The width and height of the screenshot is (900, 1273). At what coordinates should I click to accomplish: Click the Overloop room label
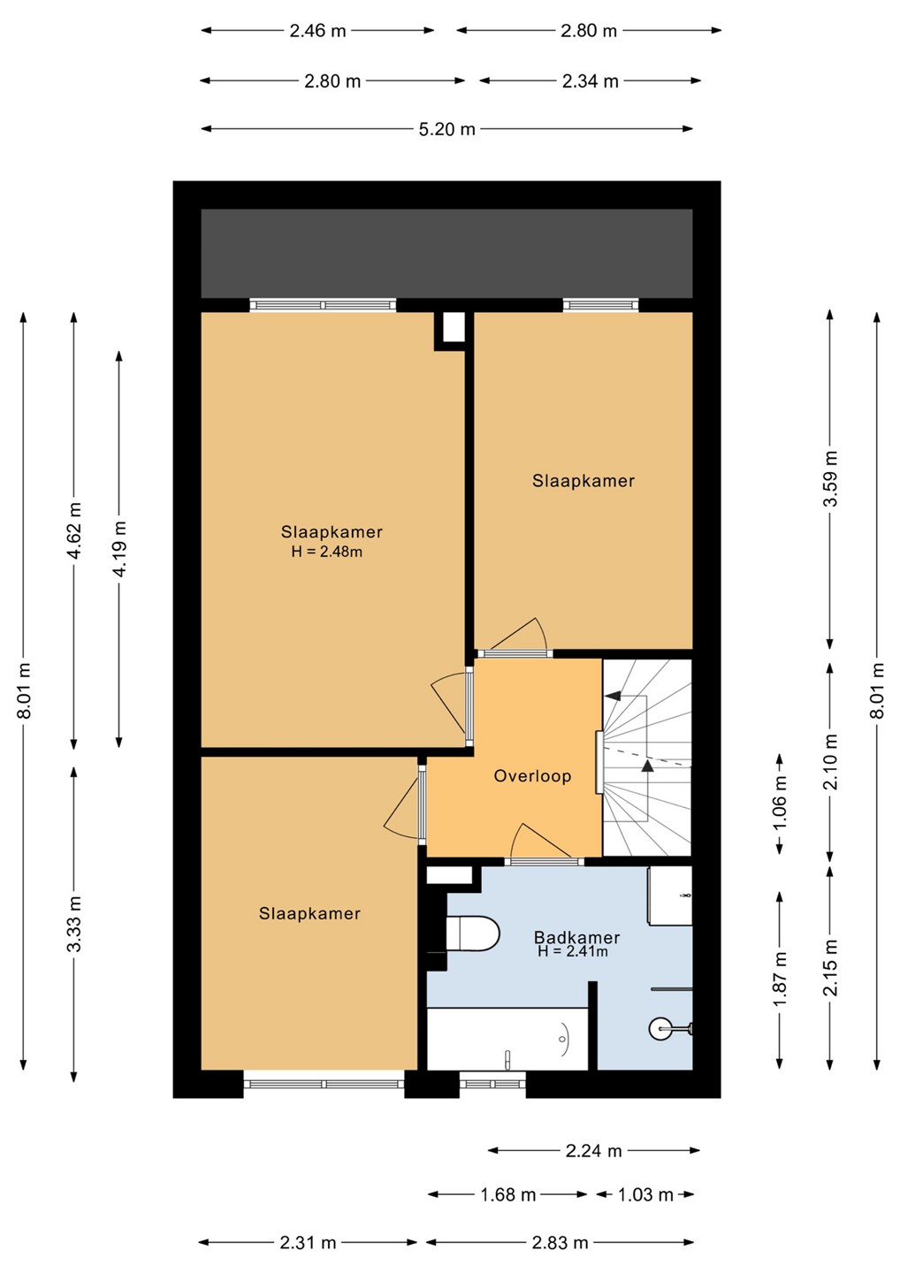[x=532, y=776]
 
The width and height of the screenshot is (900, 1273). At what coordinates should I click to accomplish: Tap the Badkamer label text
[x=576, y=937]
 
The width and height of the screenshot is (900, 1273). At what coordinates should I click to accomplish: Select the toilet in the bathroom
[x=472, y=934]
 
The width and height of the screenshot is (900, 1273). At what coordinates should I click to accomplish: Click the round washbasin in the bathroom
[x=662, y=1027]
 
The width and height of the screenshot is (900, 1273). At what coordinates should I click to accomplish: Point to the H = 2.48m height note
[x=327, y=552]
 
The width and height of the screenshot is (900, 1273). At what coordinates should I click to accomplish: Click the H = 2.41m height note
[x=573, y=951]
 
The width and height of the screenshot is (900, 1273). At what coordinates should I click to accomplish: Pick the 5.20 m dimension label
[x=447, y=130]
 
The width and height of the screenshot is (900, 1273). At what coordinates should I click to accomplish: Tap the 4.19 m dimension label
[x=120, y=548]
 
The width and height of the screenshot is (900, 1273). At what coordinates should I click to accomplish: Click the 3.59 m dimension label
[x=831, y=478]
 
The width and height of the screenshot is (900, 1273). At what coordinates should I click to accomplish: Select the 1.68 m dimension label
[x=508, y=1194]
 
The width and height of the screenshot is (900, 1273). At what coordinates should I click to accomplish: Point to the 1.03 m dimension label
[x=645, y=1194]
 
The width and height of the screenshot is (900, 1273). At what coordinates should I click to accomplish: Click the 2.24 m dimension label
[x=594, y=1151]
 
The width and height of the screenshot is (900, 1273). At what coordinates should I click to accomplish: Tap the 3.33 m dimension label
[x=74, y=924]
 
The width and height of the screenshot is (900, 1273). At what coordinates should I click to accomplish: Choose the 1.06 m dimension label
[x=780, y=804]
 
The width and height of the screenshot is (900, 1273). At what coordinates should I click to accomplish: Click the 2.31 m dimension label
[x=308, y=1243]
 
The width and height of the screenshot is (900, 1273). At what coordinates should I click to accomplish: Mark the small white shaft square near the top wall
[x=454, y=327]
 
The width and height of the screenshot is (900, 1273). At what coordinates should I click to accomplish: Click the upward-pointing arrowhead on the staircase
[x=647, y=766]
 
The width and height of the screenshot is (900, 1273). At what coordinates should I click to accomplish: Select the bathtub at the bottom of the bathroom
[x=507, y=1039]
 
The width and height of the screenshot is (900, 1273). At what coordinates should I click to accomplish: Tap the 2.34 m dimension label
[x=591, y=81]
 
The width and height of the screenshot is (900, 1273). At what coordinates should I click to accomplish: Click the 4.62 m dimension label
[x=74, y=530]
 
